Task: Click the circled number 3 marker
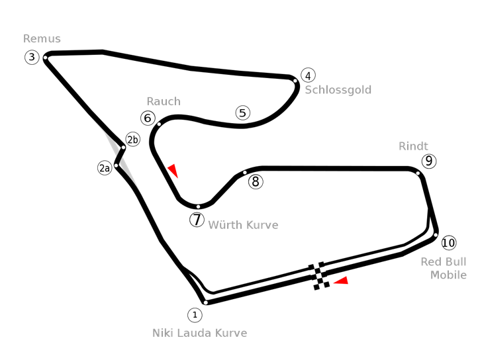pyautogui.click(x=32, y=57)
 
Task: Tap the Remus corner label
pyautogui.click(x=42, y=39)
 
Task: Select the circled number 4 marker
pyautogui.click(x=309, y=75)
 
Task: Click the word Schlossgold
pyautogui.click(x=338, y=90)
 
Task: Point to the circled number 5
pyautogui.click(x=243, y=113)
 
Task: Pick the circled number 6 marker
pyautogui.click(x=148, y=118)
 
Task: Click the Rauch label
pyautogui.click(x=164, y=101)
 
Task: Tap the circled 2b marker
pyautogui.click(x=133, y=140)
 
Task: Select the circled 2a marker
pyautogui.click(x=105, y=168)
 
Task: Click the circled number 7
pyautogui.click(x=197, y=220)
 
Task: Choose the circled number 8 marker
pyautogui.click(x=256, y=181)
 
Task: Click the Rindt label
pyautogui.click(x=413, y=146)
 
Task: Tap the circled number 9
pyautogui.click(x=429, y=161)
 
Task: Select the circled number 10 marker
pyautogui.click(x=449, y=243)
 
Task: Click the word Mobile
pyautogui.click(x=448, y=275)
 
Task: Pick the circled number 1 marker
pyautogui.click(x=195, y=315)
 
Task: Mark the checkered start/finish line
pyautogui.click(x=319, y=276)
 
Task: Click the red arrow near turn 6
pyautogui.click(x=173, y=170)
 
